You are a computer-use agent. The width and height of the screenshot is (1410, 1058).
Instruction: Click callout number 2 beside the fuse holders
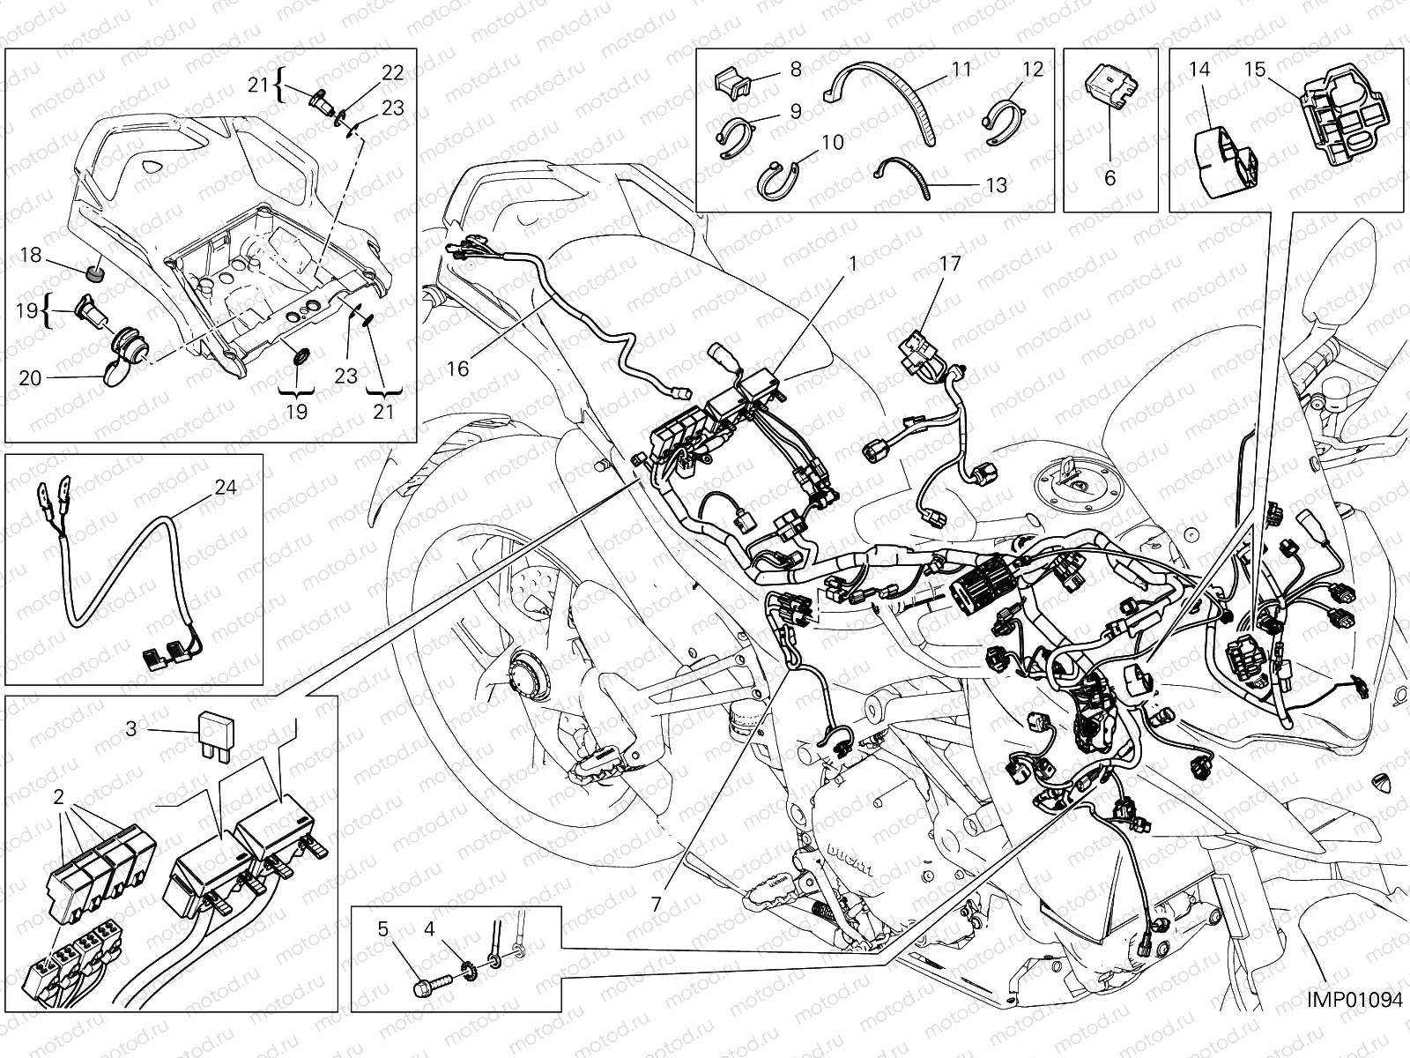coord(58,797)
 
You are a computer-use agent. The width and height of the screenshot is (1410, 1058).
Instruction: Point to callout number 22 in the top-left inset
coord(392,73)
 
